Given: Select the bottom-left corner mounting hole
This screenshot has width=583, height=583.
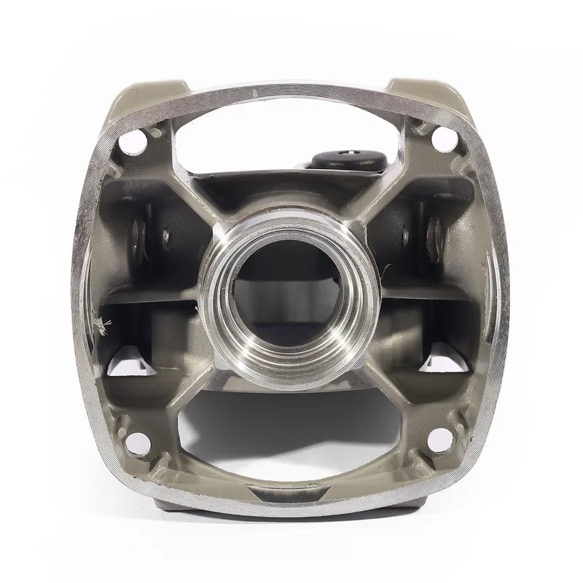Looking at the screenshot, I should pos(134,440).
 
